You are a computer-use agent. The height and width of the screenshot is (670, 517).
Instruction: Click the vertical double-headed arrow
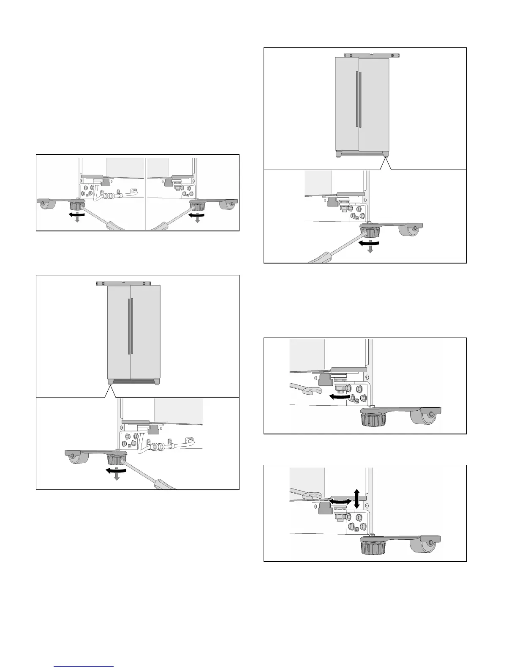pos(356,498)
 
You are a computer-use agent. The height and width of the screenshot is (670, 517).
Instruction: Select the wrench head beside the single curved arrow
pos(313,391)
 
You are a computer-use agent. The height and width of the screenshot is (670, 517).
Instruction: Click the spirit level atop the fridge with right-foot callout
pos(372,55)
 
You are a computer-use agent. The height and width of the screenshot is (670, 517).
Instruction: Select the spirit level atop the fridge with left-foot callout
pos(123,283)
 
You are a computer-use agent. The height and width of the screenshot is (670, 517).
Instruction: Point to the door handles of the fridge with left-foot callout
pos(130,326)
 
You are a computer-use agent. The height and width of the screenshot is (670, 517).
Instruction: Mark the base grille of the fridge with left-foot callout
pos(133,381)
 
